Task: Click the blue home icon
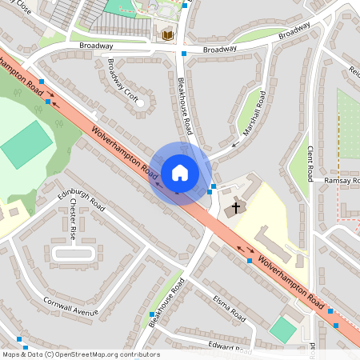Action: pyautogui.click(x=180, y=173)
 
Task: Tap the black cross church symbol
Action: pyautogui.click(x=235, y=208)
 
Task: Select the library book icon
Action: pyautogui.click(x=167, y=34)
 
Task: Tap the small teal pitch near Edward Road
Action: pyautogui.click(x=282, y=328)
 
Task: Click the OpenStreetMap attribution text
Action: pyautogui.click(x=80, y=354)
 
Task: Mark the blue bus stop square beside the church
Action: pyautogui.click(x=211, y=190)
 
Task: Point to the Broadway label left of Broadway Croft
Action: pyautogui.click(x=96, y=46)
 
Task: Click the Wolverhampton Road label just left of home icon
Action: pyautogui.click(x=124, y=152)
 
